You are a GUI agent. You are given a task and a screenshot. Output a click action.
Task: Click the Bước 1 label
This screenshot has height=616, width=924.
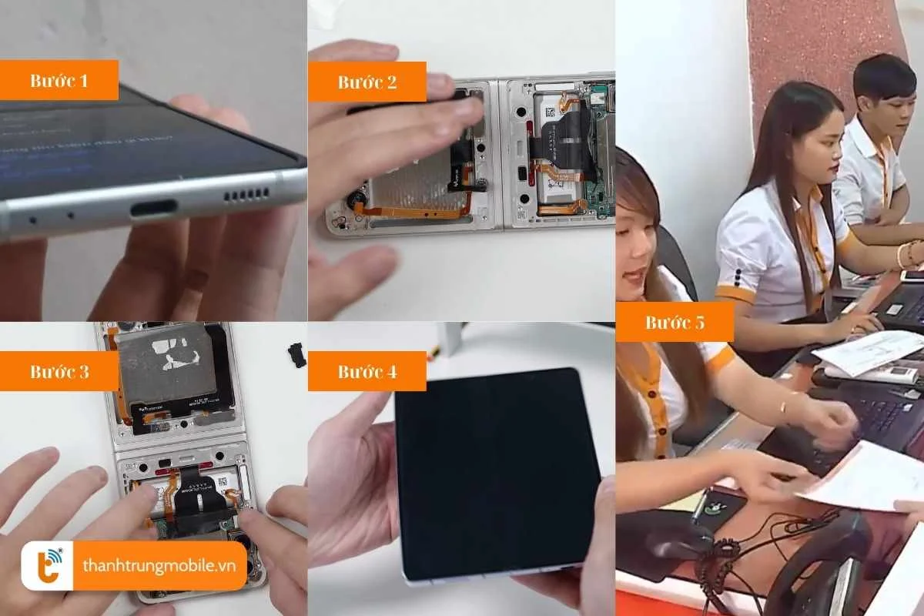point(59,81)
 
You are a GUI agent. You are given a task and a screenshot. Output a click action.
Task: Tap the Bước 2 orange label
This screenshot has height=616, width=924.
point(367,82)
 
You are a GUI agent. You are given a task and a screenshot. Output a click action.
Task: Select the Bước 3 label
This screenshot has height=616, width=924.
point(59,372)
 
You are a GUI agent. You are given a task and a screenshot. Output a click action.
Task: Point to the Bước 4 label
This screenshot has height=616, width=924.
point(367,372)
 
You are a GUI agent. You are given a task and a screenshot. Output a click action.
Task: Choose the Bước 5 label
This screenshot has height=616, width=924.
point(675,323)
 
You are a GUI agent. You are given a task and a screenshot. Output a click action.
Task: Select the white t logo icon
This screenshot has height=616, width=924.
point(47,566)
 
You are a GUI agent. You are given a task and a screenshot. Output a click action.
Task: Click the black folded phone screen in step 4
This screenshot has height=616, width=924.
point(497,474)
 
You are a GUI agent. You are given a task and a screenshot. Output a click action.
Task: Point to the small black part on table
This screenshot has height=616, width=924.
point(296,353)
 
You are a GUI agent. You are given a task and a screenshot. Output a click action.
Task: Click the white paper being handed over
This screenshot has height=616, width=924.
point(862,477)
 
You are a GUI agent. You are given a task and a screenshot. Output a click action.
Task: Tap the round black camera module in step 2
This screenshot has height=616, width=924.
point(356,203)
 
